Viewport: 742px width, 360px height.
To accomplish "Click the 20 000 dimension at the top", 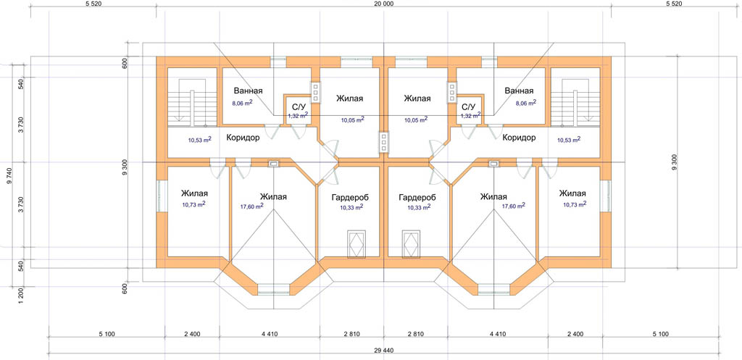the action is (x=384, y=4).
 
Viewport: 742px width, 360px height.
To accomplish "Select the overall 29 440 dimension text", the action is (x=384, y=350).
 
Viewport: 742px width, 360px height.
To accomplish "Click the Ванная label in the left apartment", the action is (x=248, y=91).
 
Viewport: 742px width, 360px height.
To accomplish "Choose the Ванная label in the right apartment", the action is (x=519, y=91).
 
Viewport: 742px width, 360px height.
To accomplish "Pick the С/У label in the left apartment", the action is (x=299, y=106).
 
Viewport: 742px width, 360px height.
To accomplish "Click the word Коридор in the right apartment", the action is (x=519, y=138).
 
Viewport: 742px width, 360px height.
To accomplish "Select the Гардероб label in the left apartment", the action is (x=351, y=197).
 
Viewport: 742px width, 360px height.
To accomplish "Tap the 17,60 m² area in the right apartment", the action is (x=514, y=206).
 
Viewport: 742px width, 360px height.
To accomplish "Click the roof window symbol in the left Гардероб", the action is (x=357, y=243).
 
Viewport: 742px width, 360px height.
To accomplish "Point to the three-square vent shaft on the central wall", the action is (x=383, y=143).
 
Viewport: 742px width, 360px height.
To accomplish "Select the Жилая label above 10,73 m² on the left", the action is (x=194, y=194).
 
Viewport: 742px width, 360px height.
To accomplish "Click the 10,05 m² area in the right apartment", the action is (x=416, y=120).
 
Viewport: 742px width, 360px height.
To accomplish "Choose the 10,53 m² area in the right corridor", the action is (x=569, y=140).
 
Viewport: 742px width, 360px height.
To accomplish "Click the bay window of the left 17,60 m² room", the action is (x=273, y=288).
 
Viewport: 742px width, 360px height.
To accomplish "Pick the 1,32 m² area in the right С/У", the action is (x=471, y=115).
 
